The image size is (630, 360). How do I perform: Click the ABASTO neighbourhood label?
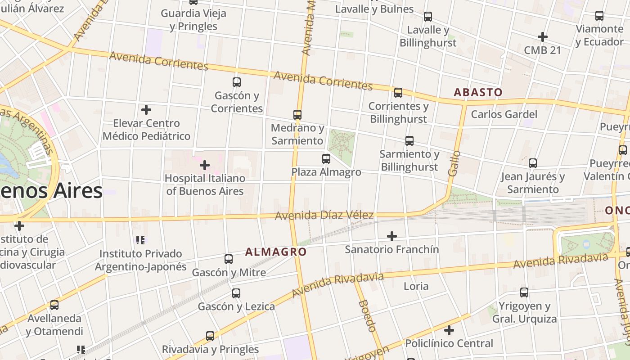pos(478,92)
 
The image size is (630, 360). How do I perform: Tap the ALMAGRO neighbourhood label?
pos(276,252)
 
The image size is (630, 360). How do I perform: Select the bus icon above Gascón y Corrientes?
pos(237,82)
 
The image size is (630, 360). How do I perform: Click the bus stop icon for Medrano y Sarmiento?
pos(297,115)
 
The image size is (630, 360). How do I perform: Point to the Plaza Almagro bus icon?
pos(326,159)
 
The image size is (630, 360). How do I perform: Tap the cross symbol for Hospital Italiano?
pos(205,165)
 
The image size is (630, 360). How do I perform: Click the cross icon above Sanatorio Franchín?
pos(392,236)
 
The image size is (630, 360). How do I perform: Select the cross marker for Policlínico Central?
pos(449,330)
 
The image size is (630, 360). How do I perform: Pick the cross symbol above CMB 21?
pos(543,36)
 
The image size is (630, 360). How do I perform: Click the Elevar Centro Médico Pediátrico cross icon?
pos(146,109)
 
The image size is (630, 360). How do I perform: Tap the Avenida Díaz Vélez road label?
pos(324,216)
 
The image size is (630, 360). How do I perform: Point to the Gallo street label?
pos(454,163)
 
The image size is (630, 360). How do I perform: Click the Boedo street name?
pos(367,316)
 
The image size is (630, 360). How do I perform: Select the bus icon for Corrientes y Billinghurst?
pos(398,93)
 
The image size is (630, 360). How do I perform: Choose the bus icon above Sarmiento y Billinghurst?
pos(409,141)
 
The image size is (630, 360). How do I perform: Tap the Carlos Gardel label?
pos(504,114)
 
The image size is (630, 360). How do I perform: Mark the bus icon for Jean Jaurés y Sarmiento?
pos(533,163)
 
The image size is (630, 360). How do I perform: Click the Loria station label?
pos(416,286)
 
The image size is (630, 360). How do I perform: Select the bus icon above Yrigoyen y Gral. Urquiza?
pos(524,292)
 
